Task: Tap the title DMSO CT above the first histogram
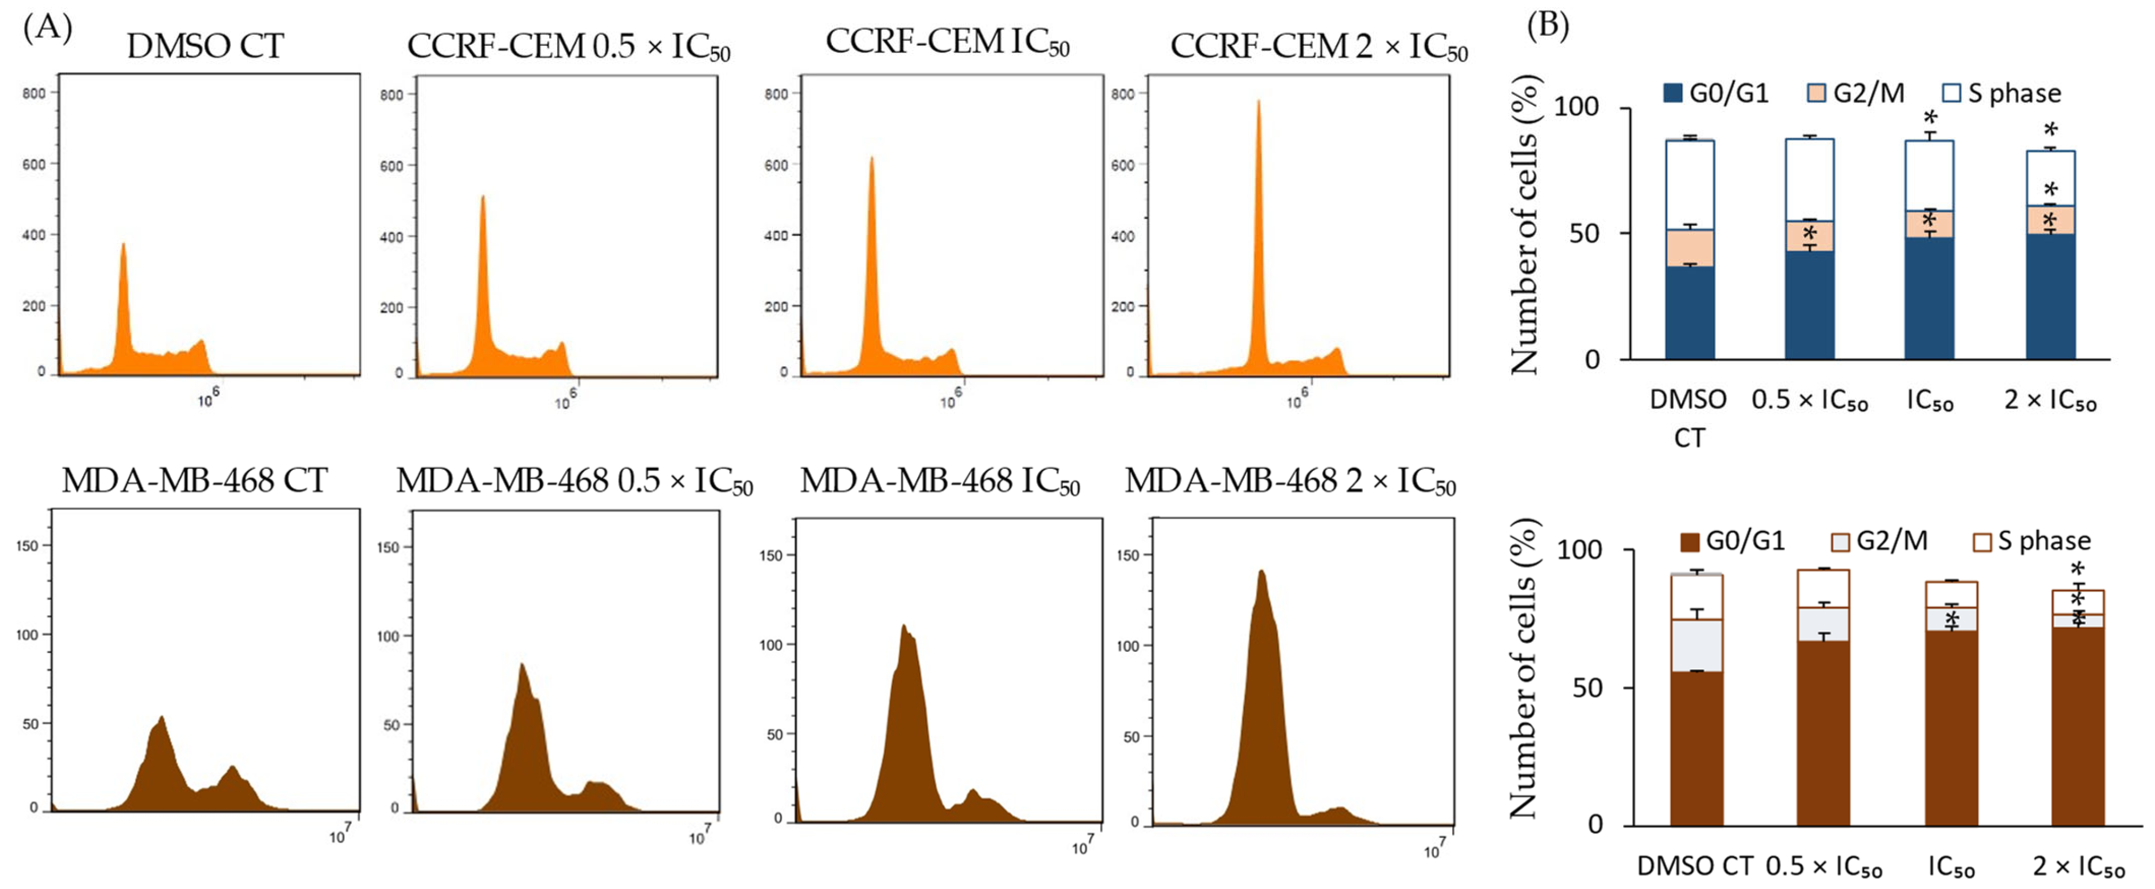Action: coord(205,46)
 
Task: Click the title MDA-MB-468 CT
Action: coord(194,481)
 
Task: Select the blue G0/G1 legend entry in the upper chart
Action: coord(1716,93)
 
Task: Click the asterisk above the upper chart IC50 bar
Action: coord(1930,118)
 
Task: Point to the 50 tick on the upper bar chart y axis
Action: coord(1584,233)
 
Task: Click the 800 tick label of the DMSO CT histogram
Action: coord(34,93)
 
